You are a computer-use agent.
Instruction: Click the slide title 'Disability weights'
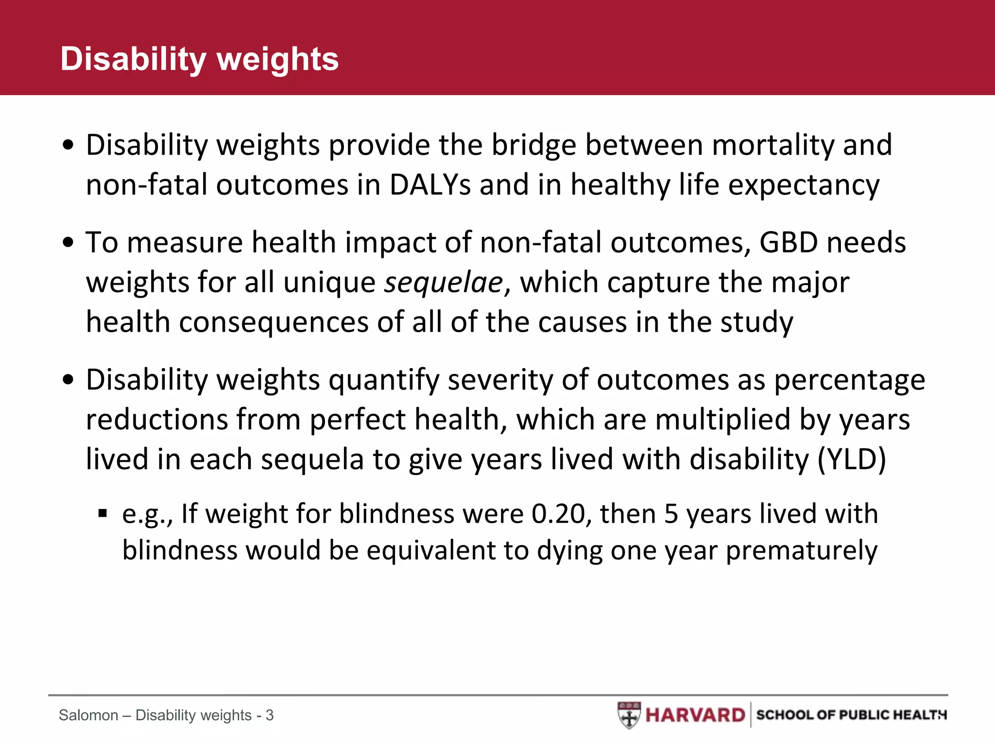point(199,59)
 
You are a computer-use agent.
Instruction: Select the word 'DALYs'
point(430,185)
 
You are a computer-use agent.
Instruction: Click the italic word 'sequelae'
point(443,283)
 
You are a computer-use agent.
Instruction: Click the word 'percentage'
point(849,380)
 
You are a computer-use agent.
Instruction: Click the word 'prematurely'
point(802,551)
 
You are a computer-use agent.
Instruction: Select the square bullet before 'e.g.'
point(102,513)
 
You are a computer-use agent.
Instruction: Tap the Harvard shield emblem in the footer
point(629,715)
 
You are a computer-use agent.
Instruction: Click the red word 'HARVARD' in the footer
point(695,715)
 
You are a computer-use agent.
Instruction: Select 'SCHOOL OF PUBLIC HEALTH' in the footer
point(850,715)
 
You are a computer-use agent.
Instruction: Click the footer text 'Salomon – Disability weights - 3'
point(166,715)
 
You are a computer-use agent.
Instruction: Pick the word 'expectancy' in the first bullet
point(804,185)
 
